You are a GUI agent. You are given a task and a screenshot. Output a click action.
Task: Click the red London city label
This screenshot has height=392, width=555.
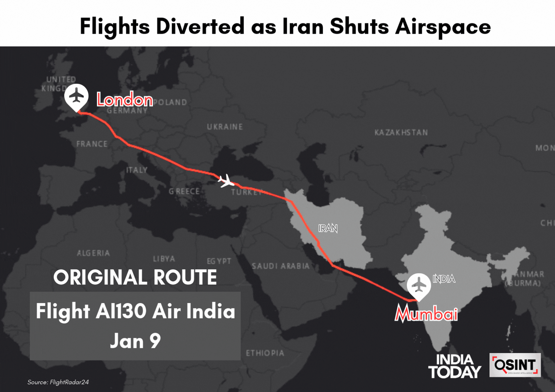coord(125,99)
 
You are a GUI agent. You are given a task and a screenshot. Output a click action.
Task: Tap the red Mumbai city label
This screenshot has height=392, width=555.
coord(426,314)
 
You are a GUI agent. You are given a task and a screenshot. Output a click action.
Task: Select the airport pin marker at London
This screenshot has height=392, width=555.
coord(76,97)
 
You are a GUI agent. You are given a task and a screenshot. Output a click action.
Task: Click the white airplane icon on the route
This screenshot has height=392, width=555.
coord(226,181)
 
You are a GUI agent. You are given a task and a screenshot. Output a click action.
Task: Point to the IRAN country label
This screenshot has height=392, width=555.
coord(328,228)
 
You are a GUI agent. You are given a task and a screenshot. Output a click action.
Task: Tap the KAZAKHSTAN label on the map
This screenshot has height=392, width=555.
coord(401,132)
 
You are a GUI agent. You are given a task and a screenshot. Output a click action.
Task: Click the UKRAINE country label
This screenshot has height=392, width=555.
coord(225,127)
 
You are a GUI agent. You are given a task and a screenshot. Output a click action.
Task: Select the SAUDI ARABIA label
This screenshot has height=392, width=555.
coord(280,266)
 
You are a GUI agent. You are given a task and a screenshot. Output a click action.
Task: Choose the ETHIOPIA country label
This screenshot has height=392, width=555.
coord(265,353)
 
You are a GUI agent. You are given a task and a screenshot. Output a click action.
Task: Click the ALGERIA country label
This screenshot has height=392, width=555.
coord(93,253)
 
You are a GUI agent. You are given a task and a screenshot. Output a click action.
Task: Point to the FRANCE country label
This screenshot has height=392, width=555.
coord(92,144)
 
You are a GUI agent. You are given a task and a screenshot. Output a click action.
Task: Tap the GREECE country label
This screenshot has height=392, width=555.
coord(184,191)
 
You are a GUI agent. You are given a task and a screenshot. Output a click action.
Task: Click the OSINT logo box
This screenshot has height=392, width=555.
coord(515,365)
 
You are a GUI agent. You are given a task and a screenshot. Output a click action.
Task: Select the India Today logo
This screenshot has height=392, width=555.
coord(454,366)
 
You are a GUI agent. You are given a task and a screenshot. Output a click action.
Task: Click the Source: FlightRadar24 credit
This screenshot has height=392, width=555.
coord(58,382)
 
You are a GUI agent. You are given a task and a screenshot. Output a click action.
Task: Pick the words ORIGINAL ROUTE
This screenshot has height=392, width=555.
coord(135,277)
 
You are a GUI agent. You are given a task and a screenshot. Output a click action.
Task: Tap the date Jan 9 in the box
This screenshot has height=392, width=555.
coord(135,341)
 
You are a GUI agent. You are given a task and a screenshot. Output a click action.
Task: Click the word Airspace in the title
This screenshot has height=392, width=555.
coord(443,26)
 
